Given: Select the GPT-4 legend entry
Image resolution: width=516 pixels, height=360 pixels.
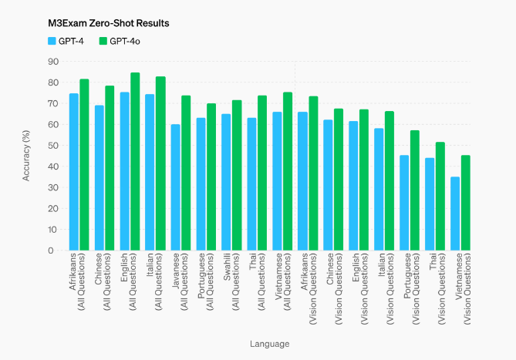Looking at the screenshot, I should point(66,40).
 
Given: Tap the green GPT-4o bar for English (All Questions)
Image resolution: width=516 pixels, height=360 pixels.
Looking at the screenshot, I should point(135,162).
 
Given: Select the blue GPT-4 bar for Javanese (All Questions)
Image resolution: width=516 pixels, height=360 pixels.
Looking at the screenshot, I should point(175,187).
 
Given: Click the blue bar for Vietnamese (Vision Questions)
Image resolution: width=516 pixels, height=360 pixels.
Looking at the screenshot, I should point(455,214).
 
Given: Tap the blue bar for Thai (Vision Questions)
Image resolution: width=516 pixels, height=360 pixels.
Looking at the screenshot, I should point(430,204).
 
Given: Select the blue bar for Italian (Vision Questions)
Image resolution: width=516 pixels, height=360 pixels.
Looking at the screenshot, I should point(379,189).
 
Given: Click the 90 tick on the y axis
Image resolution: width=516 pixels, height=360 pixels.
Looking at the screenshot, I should point(53,61).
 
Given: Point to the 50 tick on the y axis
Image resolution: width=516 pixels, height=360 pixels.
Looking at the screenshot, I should point(53,145).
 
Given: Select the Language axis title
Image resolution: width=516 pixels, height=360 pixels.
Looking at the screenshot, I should point(269,343).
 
